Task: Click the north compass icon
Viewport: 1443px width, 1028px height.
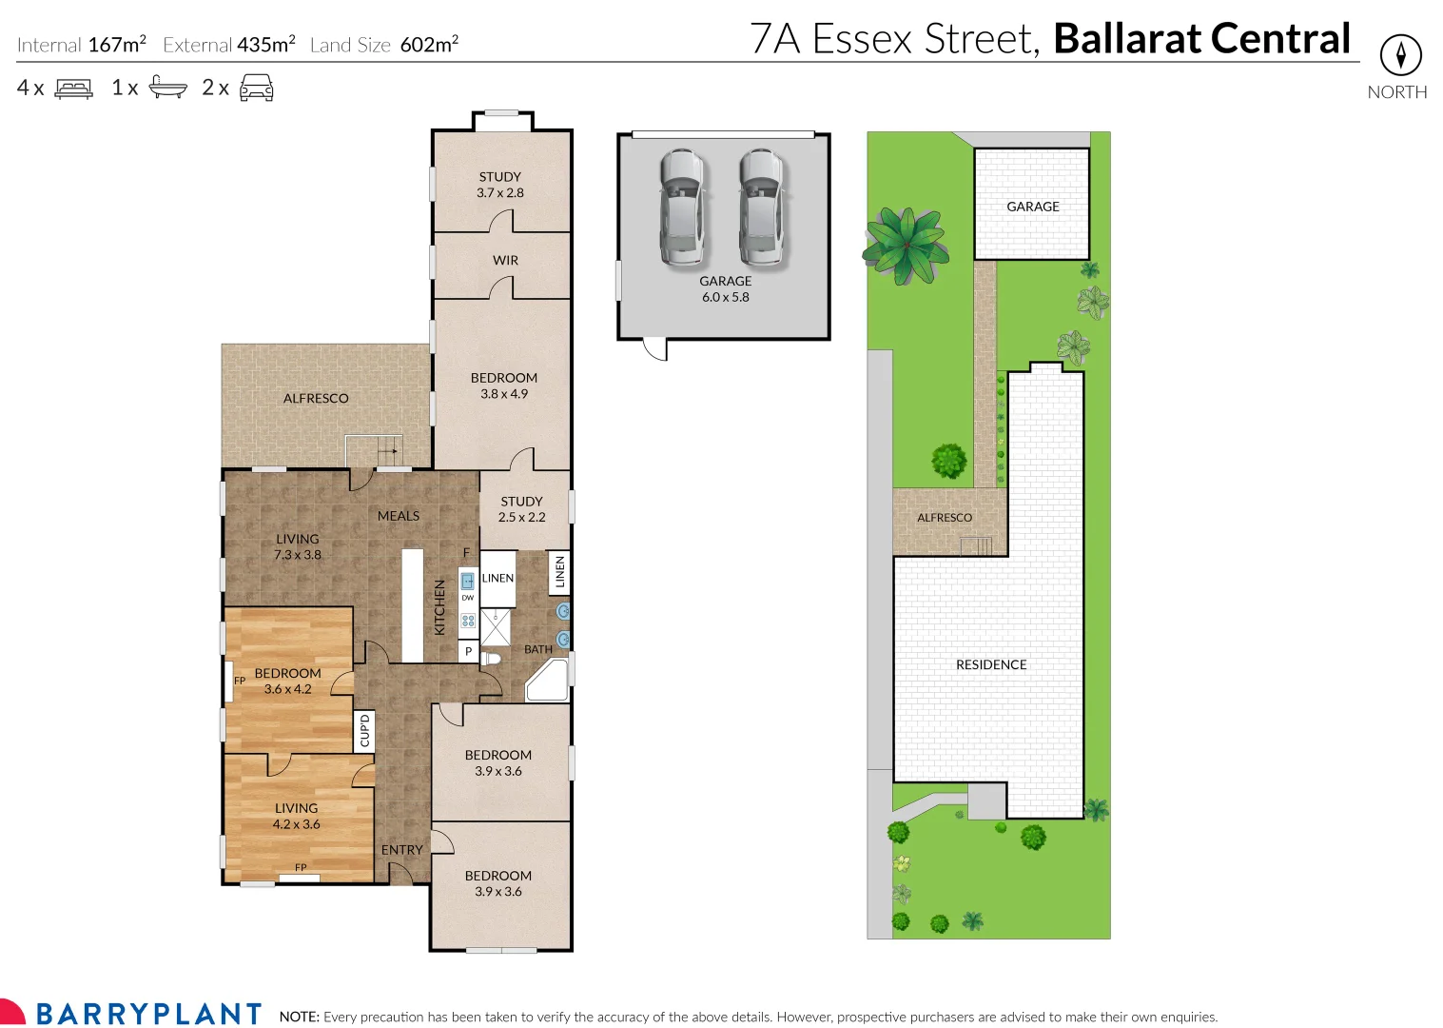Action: click(x=1400, y=55)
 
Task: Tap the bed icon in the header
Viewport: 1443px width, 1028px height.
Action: click(x=74, y=89)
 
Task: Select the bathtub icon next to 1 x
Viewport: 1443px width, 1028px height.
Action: click(x=168, y=89)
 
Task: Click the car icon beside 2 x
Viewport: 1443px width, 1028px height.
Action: click(x=256, y=89)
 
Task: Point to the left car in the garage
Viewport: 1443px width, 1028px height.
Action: click(x=682, y=206)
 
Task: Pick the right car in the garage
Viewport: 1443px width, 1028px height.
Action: click(x=761, y=206)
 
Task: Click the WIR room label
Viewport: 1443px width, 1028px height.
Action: click(x=505, y=260)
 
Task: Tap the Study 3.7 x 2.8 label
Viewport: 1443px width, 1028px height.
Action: click(x=500, y=185)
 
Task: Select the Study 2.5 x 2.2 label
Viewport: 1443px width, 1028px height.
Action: click(x=521, y=509)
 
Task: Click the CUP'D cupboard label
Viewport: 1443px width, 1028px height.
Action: click(x=364, y=731)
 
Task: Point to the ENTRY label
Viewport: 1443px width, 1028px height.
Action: click(x=401, y=850)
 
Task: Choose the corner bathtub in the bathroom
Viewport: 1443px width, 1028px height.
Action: click(x=547, y=680)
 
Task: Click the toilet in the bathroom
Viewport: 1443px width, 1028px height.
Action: click(x=491, y=658)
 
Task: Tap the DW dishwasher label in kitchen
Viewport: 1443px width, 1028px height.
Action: click(x=468, y=598)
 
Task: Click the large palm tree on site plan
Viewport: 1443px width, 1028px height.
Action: click(x=905, y=247)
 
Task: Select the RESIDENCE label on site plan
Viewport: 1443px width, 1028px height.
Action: click(x=991, y=664)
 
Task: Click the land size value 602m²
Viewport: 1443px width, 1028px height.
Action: click(x=429, y=45)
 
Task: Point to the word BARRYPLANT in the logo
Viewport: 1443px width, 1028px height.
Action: click(x=149, y=1014)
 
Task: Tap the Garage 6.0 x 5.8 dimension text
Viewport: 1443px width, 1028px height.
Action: click(x=725, y=297)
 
